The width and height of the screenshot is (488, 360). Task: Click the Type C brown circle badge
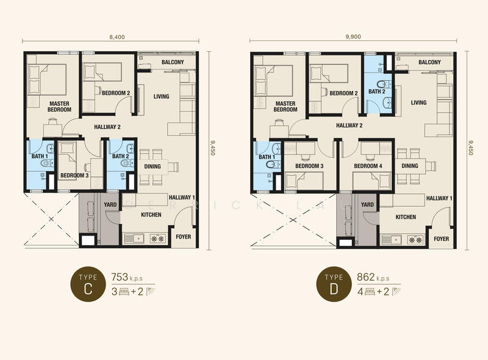(x=88, y=284)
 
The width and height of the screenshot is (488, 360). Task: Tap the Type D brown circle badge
(x=334, y=284)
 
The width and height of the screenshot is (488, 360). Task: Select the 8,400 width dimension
(x=117, y=37)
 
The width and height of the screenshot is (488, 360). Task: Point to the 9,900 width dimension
(x=353, y=37)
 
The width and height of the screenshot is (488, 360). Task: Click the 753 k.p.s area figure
(x=127, y=277)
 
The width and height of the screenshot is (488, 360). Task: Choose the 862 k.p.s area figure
(x=373, y=277)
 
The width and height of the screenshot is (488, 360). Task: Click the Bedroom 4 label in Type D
(x=368, y=166)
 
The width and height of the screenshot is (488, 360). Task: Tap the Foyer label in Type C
(x=184, y=237)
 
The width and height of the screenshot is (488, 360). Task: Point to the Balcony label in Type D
(x=429, y=62)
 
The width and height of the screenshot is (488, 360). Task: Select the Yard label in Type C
(x=110, y=204)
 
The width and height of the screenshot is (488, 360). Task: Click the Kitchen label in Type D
(x=406, y=217)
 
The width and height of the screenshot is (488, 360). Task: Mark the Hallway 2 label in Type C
(x=107, y=127)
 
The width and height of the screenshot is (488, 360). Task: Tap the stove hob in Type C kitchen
(x=157, y=239)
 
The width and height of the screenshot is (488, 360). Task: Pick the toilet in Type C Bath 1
(x=47, y=163)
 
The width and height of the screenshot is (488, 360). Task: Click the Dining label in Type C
(x=152, y=167)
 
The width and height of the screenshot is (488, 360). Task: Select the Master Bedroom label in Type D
(x=285, y=107)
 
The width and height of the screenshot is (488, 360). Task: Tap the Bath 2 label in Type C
(x=120, y=156)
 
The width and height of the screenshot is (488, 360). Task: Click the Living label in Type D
(x=418, y=103)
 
